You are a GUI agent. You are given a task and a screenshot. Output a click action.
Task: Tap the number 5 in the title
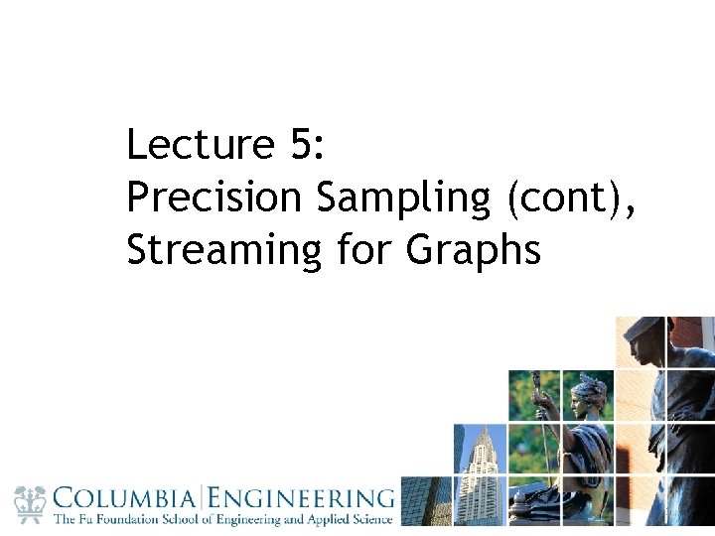301,146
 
